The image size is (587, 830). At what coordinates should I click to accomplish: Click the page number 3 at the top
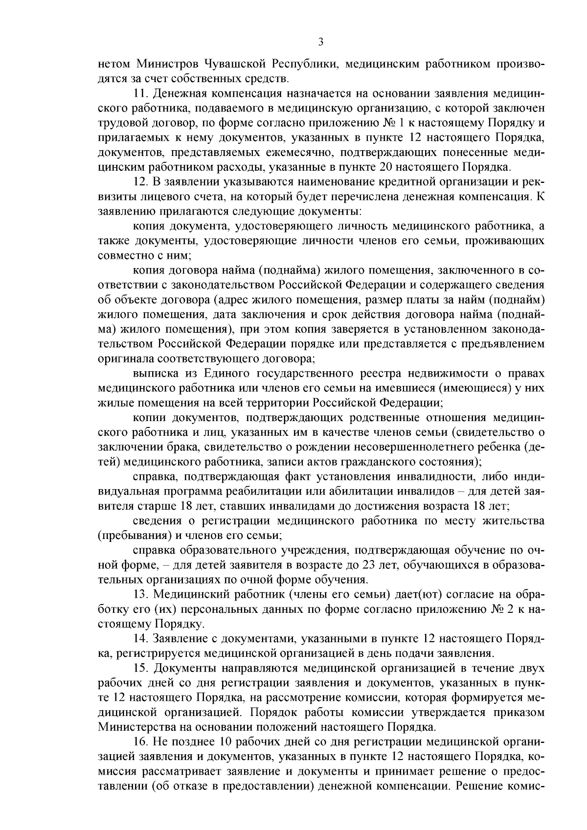[x=321, y=43]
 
